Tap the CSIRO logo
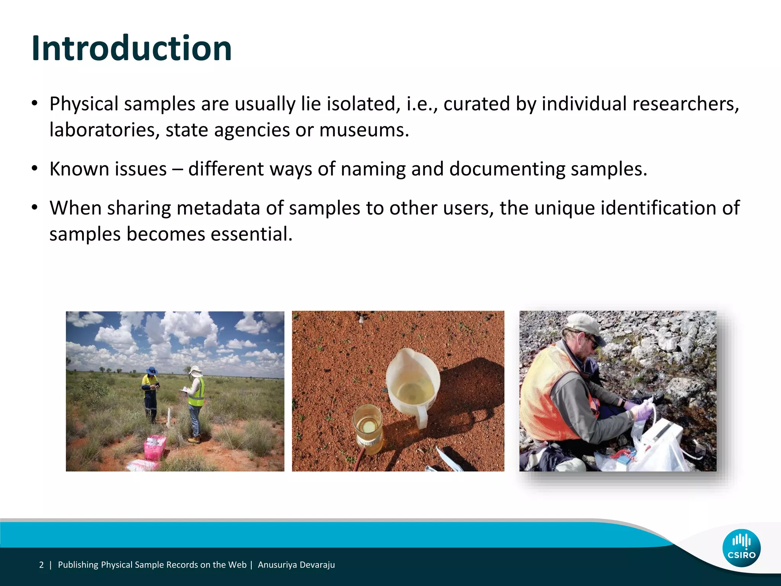741,548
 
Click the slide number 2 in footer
42,565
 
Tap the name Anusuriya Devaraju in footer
296,565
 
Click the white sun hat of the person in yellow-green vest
195,370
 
